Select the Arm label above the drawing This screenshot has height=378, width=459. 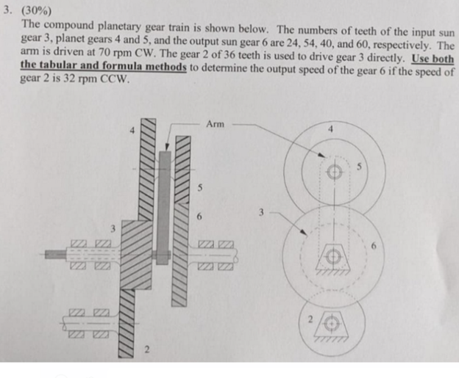(x=216, y=126)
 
